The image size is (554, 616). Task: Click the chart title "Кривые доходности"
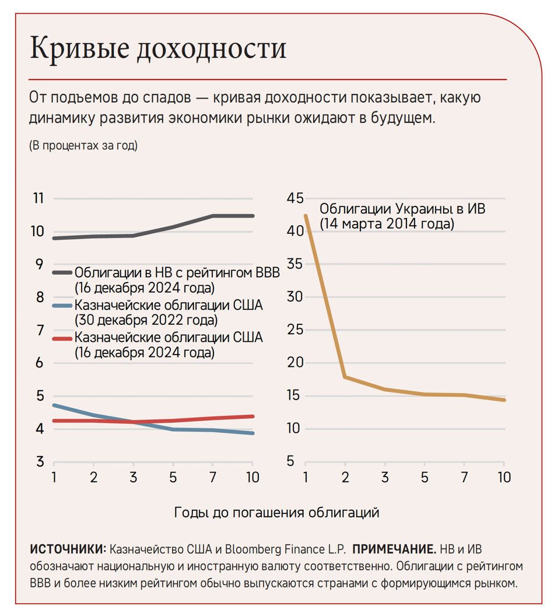pos(158,48)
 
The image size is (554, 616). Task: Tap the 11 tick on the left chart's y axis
pos(38,198)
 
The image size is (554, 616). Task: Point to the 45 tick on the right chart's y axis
pos(295,198)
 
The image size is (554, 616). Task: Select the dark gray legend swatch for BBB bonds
pos(62,272)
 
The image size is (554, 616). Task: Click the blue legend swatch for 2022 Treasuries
pos(62,305)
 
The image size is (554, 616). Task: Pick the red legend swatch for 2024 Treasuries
pos(62,338)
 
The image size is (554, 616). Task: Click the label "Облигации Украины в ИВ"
pos(402,209)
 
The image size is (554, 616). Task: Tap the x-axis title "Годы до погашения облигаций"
pos(276,512)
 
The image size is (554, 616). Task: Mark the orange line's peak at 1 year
pos(306,215)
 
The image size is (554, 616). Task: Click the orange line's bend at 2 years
pos(345,377)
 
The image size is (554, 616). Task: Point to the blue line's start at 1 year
pos(54,405)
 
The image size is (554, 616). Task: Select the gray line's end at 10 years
pos(252,216)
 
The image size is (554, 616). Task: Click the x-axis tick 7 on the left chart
pos(213,477)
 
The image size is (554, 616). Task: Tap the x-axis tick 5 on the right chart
pos(425,477)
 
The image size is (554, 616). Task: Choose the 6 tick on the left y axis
pos(40,363)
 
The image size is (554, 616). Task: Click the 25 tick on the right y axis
pos(295,330)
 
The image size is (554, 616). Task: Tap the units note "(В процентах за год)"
pos(83,146)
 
